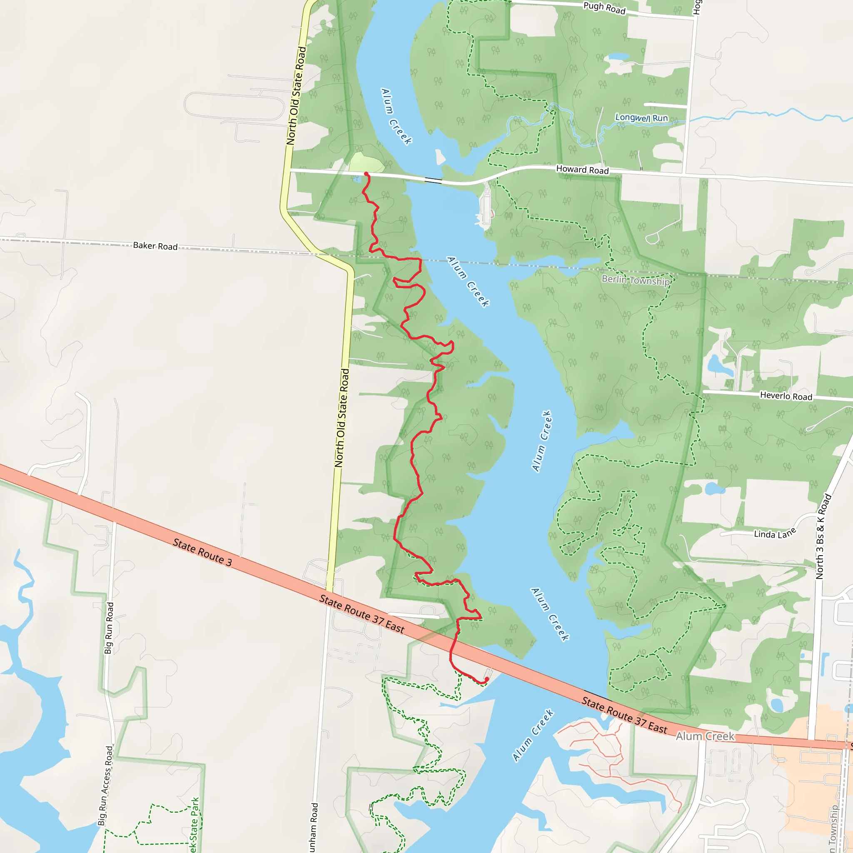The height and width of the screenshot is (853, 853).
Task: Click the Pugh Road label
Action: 604,8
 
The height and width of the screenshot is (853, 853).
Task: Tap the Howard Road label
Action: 582,170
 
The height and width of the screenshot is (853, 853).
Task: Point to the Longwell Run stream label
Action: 641,118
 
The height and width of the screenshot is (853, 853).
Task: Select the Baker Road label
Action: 155,246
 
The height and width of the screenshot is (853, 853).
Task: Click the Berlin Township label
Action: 635,280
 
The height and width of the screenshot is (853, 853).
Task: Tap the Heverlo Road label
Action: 786,396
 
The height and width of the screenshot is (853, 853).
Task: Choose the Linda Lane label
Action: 774,534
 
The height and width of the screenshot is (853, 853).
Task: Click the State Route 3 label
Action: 202,552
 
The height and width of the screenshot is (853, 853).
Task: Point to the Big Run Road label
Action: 109,628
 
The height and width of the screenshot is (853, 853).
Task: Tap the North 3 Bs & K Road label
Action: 823,536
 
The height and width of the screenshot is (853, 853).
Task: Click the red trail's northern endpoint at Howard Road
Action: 367,174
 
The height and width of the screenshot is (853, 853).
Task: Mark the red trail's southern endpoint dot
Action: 486,679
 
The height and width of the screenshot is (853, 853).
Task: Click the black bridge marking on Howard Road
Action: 433,180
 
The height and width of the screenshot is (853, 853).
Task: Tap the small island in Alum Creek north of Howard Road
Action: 440,157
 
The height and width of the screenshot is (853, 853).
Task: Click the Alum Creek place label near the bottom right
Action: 705,736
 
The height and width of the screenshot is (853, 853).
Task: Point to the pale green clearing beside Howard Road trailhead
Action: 366,162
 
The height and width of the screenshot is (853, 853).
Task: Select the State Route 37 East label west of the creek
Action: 362,614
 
